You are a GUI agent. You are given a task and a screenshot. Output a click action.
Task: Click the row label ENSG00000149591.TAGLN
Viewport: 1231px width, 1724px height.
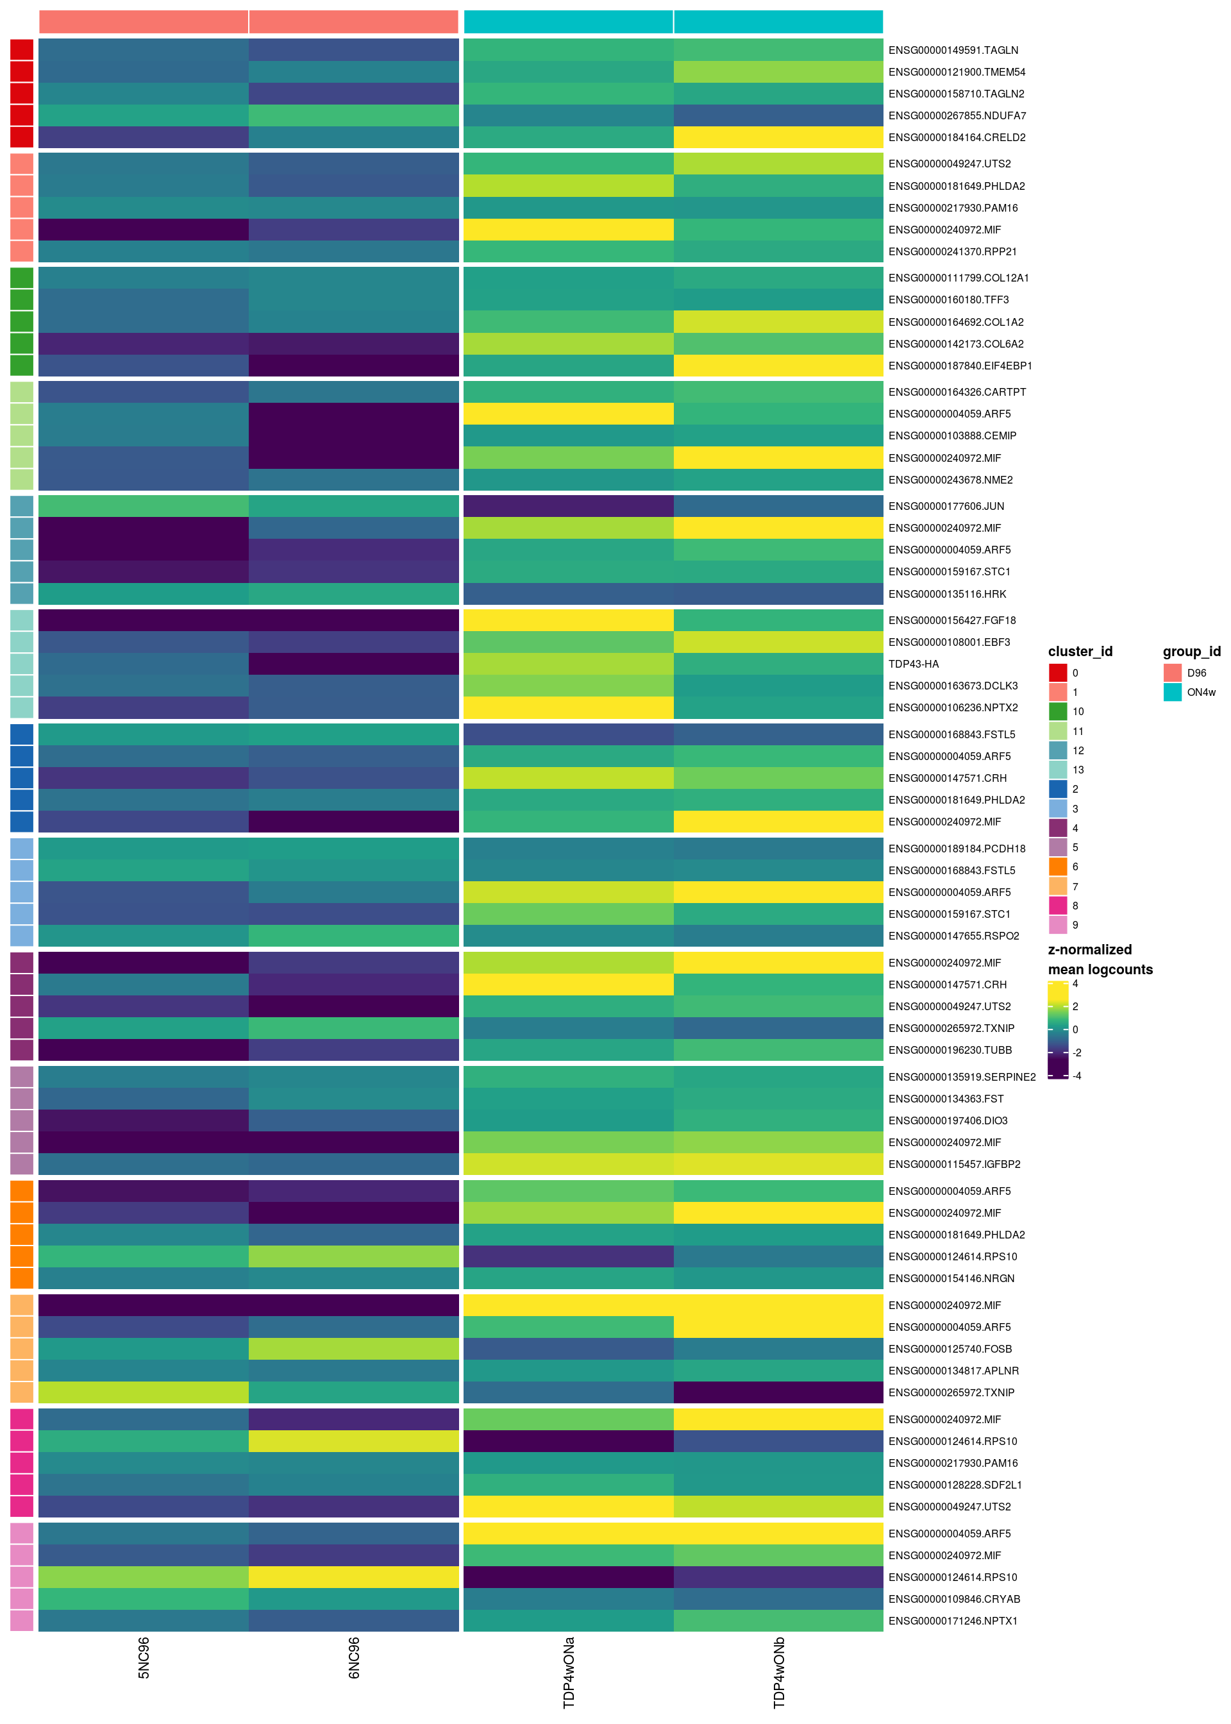(x=953, y=50)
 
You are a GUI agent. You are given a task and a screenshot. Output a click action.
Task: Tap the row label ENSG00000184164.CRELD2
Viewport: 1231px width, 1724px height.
(x=957, y=137)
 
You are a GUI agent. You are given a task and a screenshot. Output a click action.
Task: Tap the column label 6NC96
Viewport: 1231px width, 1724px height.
(x=354, y=1658)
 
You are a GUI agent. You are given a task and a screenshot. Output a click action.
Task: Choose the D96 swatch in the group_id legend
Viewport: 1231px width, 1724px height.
(x=1172, y=672)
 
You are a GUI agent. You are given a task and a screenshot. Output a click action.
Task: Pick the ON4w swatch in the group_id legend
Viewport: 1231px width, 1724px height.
(x=1172, y=692)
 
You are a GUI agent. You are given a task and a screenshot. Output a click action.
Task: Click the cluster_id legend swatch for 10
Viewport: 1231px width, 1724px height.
(x=1057, y=711)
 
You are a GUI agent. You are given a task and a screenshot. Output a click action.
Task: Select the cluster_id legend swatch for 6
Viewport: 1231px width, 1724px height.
(x=1057, y=866)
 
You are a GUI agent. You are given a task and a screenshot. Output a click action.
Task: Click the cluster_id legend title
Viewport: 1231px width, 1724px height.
(x=1080, y=651)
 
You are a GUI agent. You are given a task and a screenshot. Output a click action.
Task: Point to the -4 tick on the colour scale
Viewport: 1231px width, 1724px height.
(x=1076, y=1076)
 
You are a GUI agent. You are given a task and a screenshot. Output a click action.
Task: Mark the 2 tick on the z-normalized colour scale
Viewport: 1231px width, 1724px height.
(x=1075, y=1007)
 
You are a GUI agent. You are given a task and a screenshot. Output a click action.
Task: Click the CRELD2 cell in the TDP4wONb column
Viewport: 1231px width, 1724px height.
(x=778, y=137)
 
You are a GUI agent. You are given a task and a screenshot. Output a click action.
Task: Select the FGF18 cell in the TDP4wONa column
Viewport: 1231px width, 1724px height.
(x=568, y=620)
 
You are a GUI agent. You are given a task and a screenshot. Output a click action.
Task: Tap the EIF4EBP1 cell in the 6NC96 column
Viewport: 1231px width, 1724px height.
(x=354, y=366)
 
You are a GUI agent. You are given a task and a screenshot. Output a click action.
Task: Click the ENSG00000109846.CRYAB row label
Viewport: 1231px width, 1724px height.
(x=953, y=1599)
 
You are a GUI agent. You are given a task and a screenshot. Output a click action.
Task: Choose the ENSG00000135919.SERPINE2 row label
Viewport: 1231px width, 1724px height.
(x=961, y=1077)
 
